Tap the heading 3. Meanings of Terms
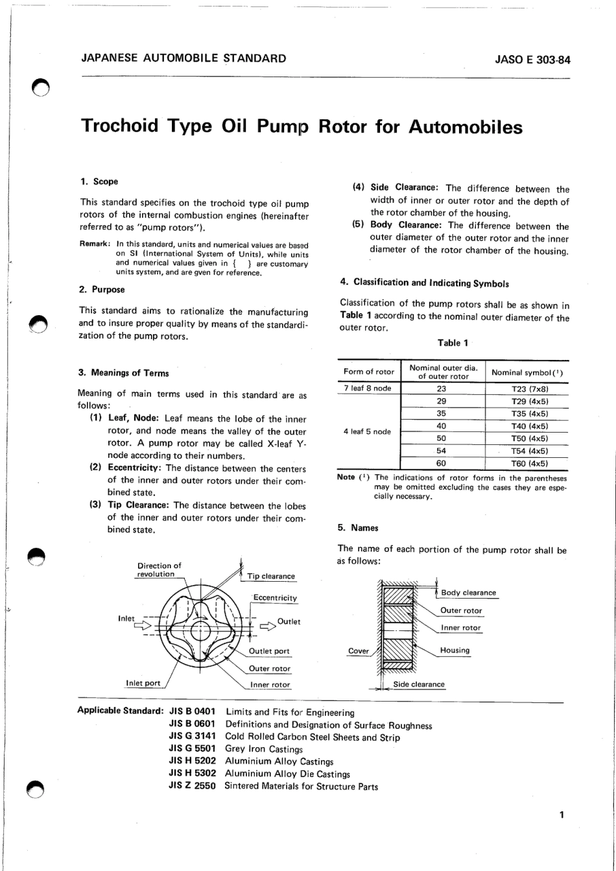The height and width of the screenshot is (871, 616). point(123,373)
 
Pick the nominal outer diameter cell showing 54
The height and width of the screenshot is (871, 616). point(442,451)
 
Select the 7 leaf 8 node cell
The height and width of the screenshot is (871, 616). point(367,389)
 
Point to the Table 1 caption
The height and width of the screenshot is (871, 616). point(453,343)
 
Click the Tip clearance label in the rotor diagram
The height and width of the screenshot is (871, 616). point(270,576)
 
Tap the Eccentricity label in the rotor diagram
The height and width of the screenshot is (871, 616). point(275,597)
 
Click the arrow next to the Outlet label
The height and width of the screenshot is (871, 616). point(267,626)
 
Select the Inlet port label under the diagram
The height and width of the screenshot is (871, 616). point(143,683)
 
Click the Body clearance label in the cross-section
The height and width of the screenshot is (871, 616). point(468,593)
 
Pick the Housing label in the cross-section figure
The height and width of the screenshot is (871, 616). point(455,650)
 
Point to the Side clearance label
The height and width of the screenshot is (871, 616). point(419,684)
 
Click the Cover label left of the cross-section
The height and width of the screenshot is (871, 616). point(359,650)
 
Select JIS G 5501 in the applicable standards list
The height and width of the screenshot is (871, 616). point(191,749)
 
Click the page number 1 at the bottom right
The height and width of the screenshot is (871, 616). point(562,815)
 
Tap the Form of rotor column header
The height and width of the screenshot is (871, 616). point(368,372)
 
